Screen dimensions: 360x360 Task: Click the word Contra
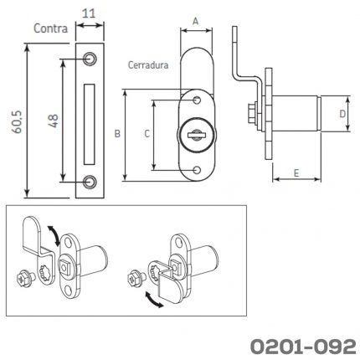point(50,28)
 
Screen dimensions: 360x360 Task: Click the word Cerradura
point(148,65)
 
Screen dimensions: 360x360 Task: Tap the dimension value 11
point(89,13)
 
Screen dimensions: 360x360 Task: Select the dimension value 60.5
point(18,122)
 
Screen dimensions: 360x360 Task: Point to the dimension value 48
point(54,121)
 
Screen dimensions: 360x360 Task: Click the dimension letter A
point(196,21)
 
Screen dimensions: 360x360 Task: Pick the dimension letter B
point(117,134)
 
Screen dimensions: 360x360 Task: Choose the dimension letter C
point(147,134)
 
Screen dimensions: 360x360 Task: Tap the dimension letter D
point(342,114)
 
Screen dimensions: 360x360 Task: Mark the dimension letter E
point(296,173)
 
